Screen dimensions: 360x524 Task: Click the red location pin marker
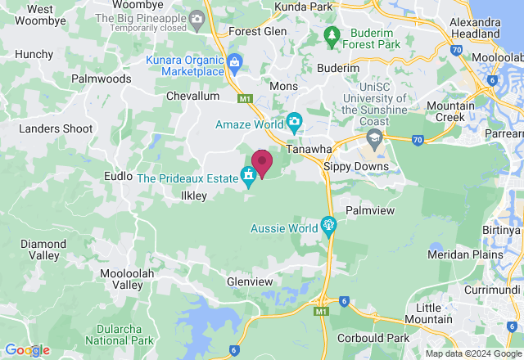tap(262, 163)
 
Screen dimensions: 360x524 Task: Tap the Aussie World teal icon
tap(328, 224)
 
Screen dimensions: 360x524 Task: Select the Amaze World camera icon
tap(294, 124)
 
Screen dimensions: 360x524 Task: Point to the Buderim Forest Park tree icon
tap(332, 35)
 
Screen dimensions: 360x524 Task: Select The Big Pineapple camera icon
tap(196, 17)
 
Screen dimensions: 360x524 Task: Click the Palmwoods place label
tap(101, 79)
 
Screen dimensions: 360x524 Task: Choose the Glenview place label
tap(250, 281)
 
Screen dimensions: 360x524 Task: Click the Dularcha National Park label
tap(119, 333)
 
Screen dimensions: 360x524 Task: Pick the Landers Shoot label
tap(56, 128)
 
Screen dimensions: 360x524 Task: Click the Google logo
tap(26, 350)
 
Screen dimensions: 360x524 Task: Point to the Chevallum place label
tap(192, 96)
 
